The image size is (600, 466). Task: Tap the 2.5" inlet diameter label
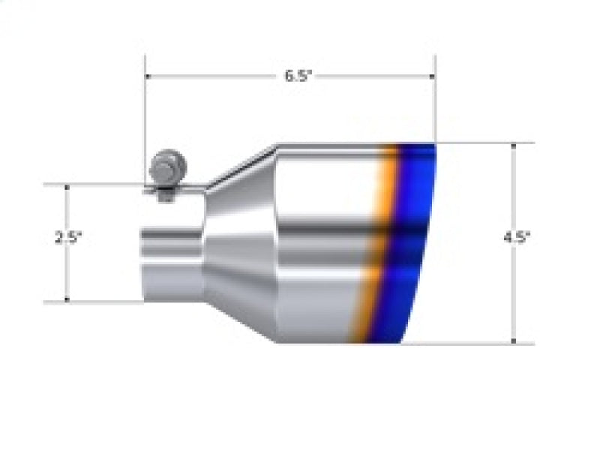point(67,238)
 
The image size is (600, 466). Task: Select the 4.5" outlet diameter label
point(517,238)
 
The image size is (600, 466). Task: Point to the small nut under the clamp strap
point(165,197)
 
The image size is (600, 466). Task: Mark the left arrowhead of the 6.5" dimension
point(148,76)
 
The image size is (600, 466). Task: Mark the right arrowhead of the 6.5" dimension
point(432,76)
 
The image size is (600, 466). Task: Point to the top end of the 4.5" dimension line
point(513,144)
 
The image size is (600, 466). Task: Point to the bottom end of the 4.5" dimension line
point(513,342)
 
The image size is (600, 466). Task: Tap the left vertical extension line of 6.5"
point(144,113)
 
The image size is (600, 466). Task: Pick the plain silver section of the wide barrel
point(322,240)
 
